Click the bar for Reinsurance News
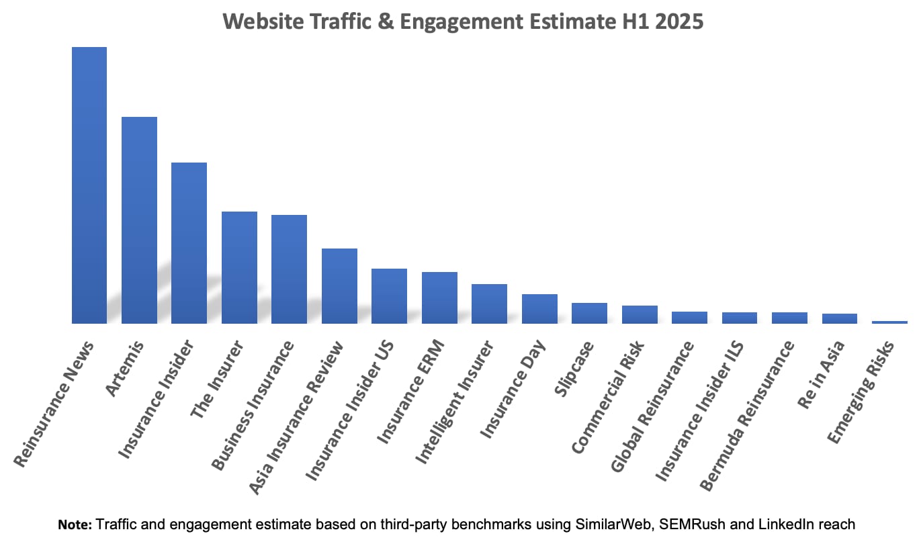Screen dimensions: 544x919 click(89, 185)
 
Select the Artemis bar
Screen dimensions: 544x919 click(139, 220)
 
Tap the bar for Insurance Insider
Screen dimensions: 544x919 click(189, 243)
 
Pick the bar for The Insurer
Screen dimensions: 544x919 click(239, 267)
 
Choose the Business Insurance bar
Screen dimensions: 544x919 click(289, 269)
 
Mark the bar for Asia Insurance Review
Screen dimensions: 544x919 click(339, 286)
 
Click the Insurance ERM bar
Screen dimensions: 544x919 click(439, 298)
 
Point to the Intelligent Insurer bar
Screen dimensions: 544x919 click(489, 304)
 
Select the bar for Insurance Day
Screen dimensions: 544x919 click(539, 309)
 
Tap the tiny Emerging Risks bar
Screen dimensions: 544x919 click(889, 322)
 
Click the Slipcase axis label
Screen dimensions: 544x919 click(575, 369)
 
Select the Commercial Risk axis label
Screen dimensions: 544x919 click(608, 396)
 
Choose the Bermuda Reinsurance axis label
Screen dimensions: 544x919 click(748, 415)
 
